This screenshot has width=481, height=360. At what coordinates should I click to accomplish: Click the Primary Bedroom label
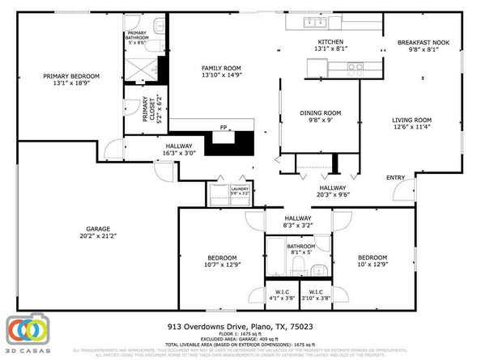(68, 77)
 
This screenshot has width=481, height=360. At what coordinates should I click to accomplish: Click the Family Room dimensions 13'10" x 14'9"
(221, 75)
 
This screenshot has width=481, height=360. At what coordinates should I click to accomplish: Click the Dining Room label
(321, 113)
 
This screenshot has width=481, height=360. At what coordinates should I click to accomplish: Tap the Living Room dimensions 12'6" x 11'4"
(411, 126)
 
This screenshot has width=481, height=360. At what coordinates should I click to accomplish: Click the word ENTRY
(395, 178)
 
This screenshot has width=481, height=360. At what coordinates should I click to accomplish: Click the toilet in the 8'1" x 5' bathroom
(299, 268)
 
